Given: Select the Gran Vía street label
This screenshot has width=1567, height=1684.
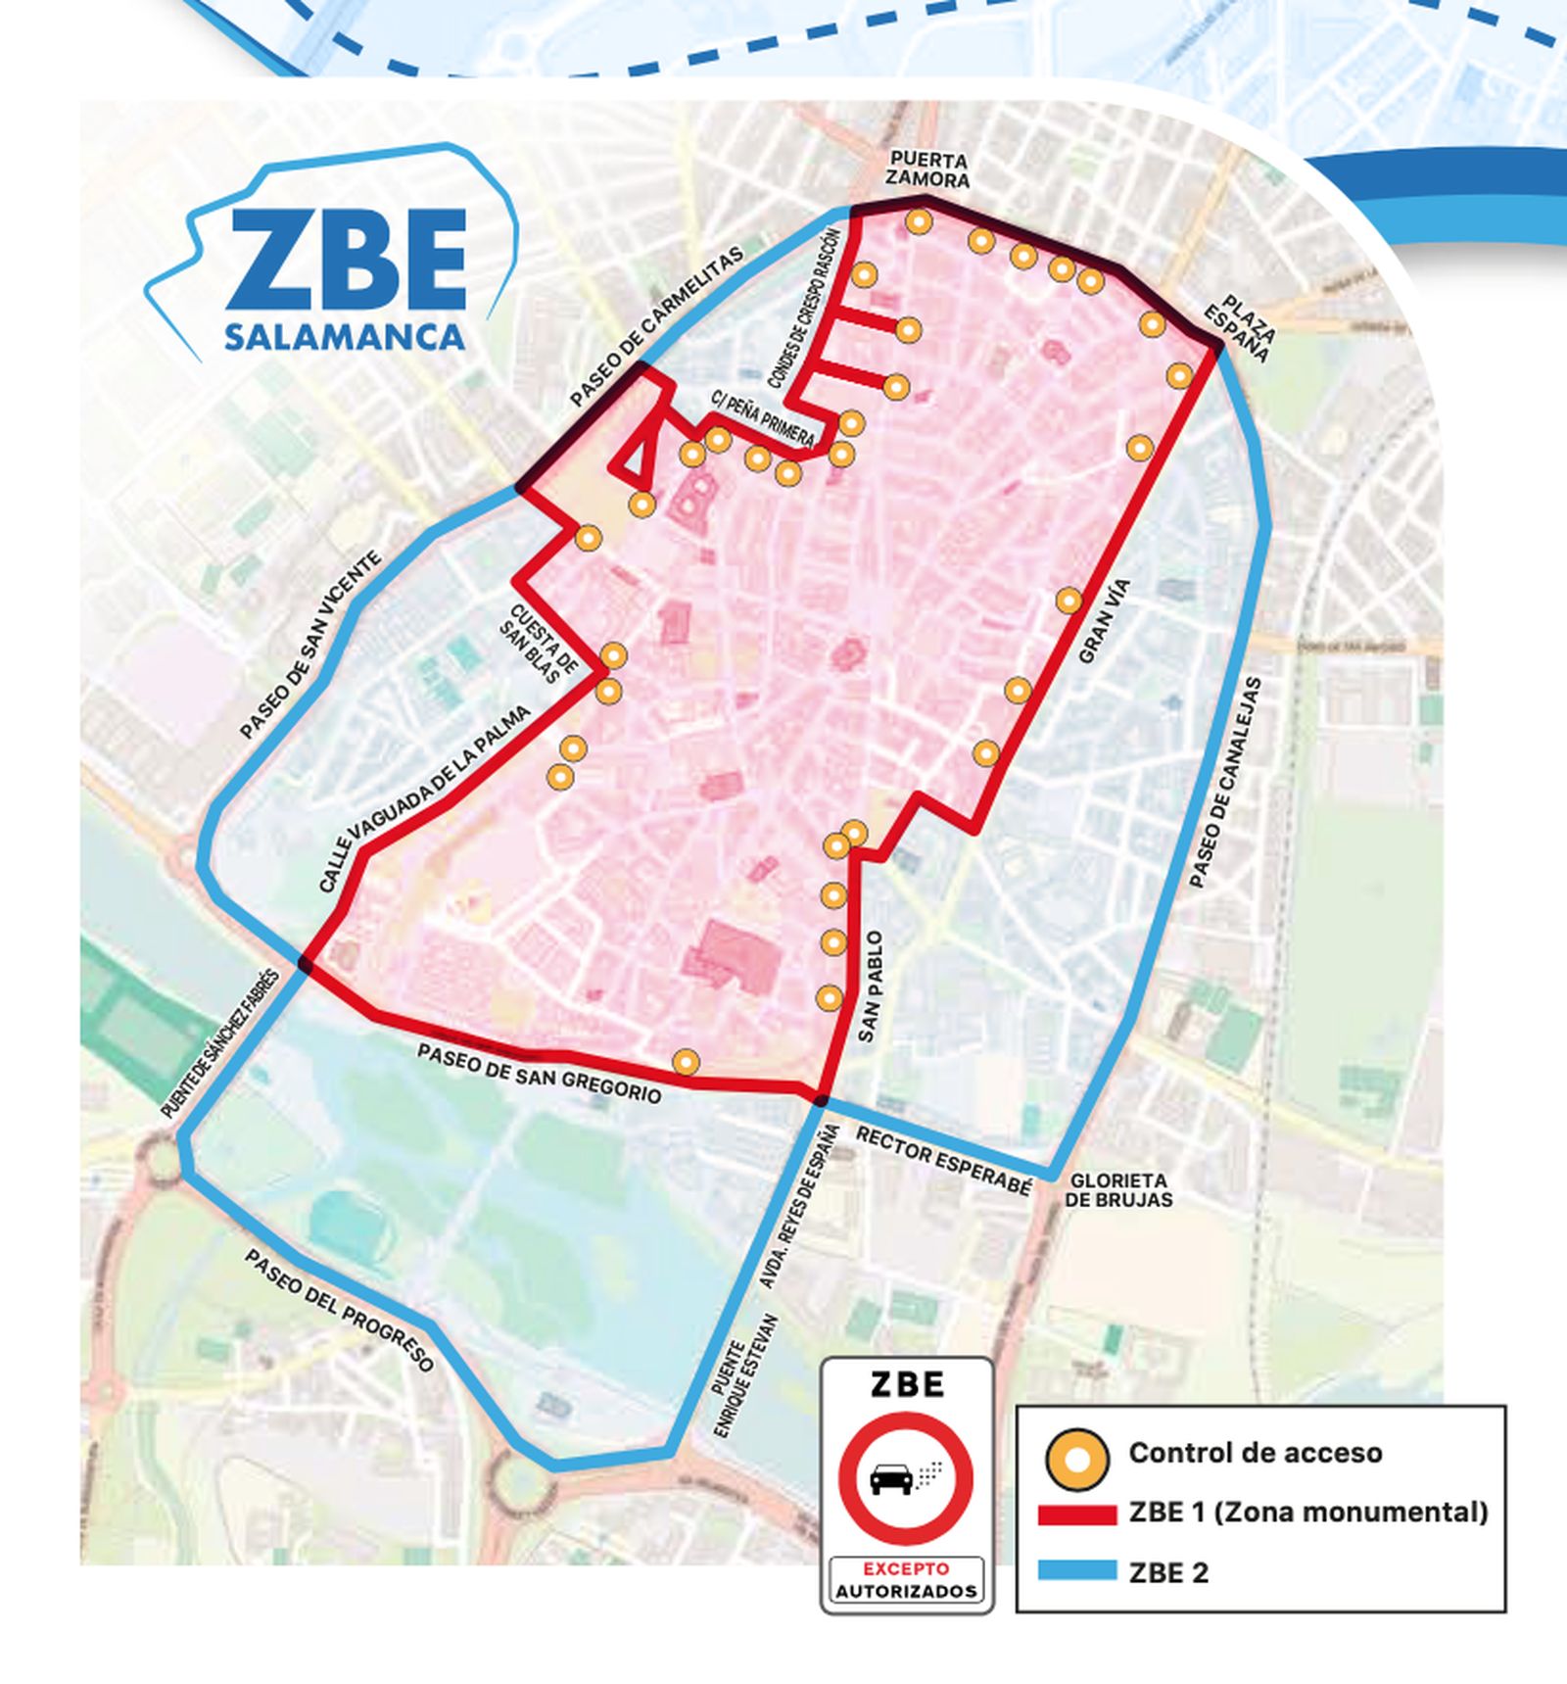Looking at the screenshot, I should pos(1104,621).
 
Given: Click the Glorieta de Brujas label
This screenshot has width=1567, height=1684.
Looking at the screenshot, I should pos(1117,1190).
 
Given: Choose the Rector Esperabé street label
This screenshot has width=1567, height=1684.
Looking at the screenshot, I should pos(944,1161).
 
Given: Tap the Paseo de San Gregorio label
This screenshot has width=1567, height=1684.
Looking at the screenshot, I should pos(539,1074).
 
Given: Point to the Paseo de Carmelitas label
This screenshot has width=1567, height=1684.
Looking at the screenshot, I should pos(656,326).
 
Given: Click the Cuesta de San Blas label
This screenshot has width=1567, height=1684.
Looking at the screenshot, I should pos(538,642).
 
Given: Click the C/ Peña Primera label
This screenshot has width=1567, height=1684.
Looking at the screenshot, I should pos(762,417).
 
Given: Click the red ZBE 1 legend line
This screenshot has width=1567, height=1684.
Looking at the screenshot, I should pos(1076,1515).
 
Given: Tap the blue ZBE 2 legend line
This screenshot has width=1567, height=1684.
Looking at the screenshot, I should pos(1076,1572).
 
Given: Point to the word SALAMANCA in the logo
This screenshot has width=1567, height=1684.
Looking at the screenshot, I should pos(344,337).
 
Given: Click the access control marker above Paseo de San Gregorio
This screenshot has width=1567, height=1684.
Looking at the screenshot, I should pos(687,1061).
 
